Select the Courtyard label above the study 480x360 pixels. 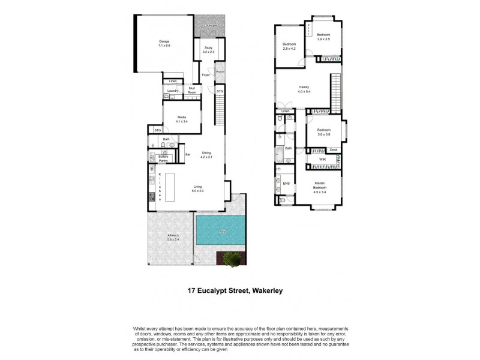pos(209,26)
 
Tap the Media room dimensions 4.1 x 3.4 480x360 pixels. pos(182,122)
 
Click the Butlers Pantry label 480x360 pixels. pos(163,158)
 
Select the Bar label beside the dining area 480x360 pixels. pos(187,155)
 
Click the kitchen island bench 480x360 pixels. pos(172,187)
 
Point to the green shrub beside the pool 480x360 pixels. pos(233,259)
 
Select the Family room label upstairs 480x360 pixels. pos(304,87)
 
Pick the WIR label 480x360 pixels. pos(322,159)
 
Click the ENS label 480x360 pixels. pos(286,184)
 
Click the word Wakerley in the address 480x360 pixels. pos(274,291)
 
